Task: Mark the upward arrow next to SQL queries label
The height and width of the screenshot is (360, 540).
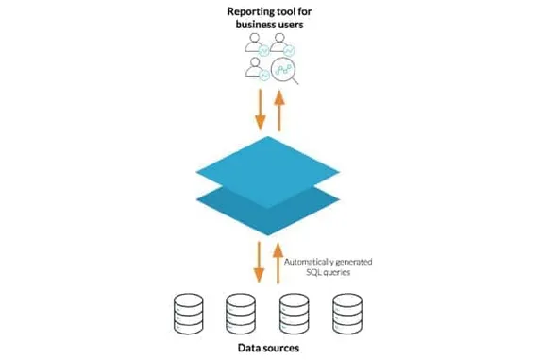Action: [x=279, y=263]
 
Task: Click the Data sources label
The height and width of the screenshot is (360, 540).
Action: [x=269, y=348]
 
